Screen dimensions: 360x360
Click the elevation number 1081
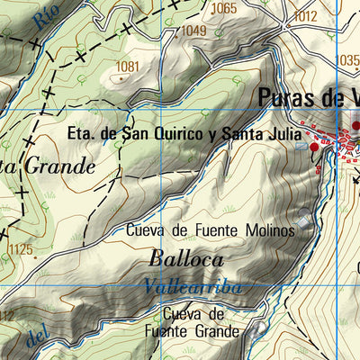click(x=128, y=66)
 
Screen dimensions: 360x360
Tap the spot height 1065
click(x=224, y=9)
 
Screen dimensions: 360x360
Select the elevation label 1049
click(x=193, y=31)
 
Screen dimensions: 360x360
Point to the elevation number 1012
click(x=306, y=15)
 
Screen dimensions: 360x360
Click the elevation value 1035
click(x=346, y=60)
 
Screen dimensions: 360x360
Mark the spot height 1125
click(x=19, y=249)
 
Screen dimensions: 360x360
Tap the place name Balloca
click(x=186, y=258)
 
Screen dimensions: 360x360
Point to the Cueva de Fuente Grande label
click(x=202, y=323)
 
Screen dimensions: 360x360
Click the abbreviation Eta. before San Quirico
click(x=84, y=136)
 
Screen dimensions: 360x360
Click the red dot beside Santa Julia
click(x=314, y=147)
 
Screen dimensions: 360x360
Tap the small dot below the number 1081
click(x=121, y=78)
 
